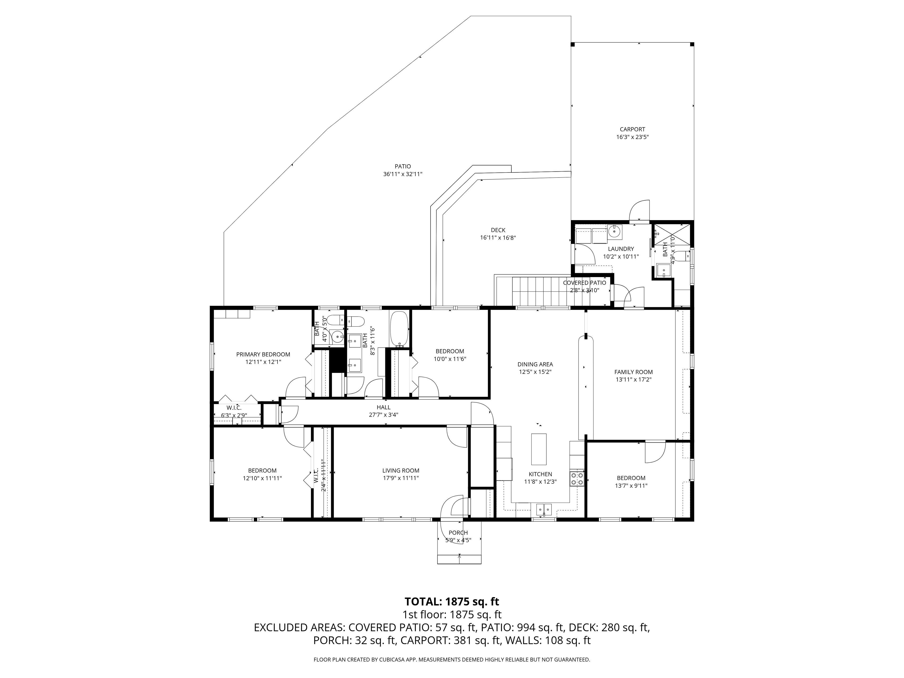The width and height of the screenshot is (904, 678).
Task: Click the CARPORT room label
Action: tap(632, 129)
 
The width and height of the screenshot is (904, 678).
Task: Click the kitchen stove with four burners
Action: tap(577, 478)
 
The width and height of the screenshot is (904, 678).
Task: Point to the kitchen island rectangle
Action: tap(539, 449)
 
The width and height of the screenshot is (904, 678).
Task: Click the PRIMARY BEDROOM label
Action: tap(263, 354)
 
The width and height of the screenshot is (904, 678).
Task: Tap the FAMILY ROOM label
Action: tap(634, 372)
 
